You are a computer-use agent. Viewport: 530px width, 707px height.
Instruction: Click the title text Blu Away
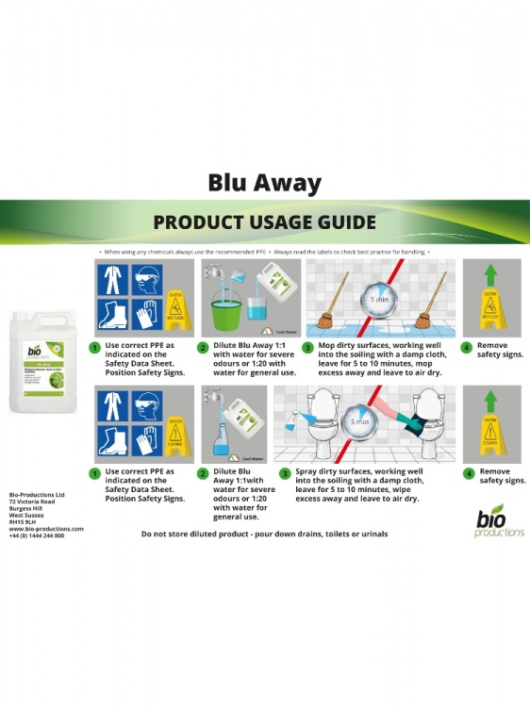(264, 183)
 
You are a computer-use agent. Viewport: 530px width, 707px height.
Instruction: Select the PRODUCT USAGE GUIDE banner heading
(264, 222)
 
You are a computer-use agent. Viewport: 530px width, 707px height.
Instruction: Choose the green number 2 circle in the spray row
(202, 473)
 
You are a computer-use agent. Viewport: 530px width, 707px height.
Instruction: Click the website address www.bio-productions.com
(45, 529)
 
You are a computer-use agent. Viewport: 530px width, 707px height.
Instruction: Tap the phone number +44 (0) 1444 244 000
(37, 535)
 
